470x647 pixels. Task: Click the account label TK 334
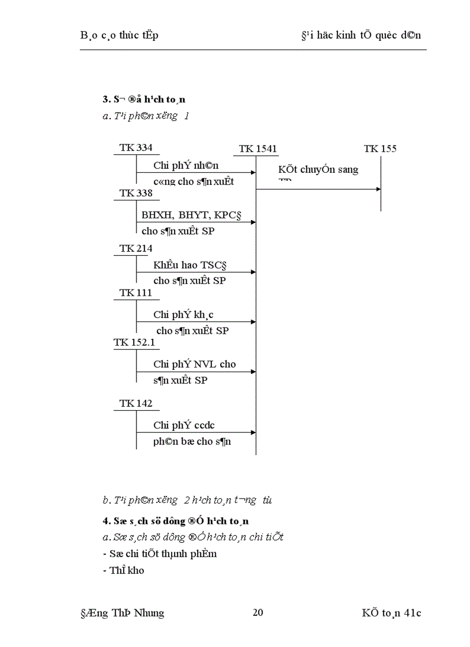coord(136,148)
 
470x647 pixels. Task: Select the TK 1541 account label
coord(258,149)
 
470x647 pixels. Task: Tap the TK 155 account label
coord(380,149)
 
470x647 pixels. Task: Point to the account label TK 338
coord(136,193)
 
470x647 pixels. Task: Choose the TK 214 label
coord(136,249)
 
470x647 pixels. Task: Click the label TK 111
coord(136,293)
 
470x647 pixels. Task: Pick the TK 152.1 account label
coord(134,342)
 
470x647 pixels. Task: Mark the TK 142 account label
coord(136,403)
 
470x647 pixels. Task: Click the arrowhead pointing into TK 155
coord(378,189)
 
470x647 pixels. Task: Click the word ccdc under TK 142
coord(204,426)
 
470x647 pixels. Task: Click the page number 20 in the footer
coord(258,612)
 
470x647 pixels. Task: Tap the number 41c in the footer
coord(412,612)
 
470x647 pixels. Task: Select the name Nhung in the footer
coord(149,612)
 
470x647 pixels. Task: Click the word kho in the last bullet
coord(137,570)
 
